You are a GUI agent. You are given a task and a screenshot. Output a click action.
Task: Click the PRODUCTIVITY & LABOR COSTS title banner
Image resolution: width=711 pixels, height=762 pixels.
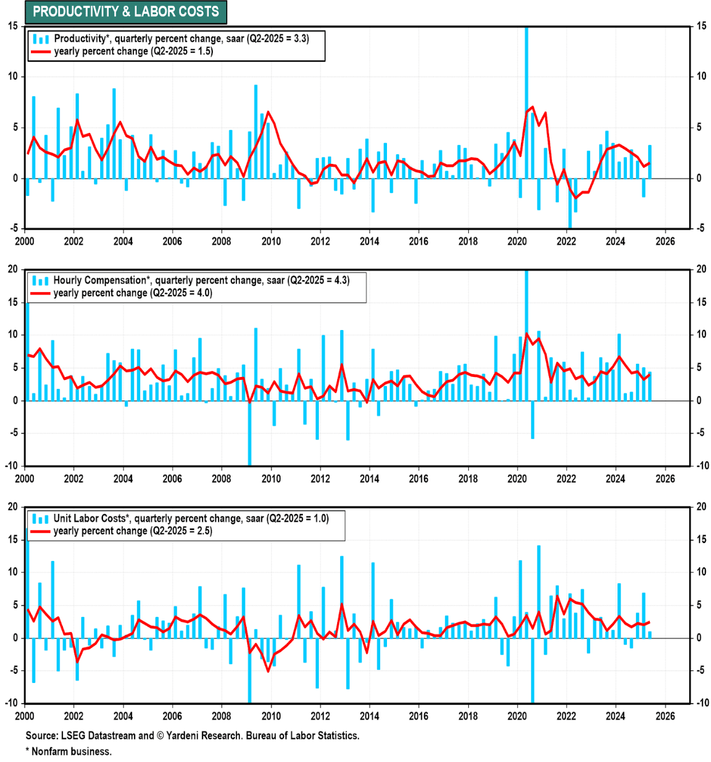pyautogui.click(x=125, y=11)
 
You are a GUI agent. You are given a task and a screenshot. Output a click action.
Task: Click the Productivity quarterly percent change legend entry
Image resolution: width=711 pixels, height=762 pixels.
pyautogui.click(x=181, y=38)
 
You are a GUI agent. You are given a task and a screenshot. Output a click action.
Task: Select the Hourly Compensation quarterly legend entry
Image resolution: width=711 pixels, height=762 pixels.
pyautogui.click(x=201, y=280)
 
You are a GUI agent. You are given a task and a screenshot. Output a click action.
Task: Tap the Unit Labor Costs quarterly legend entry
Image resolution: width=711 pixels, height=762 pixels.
pyautogui.click(x=191, y=519)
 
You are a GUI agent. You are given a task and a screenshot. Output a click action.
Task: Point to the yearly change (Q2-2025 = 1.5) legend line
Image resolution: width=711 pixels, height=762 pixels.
pyautogui.click(x=133, y=52)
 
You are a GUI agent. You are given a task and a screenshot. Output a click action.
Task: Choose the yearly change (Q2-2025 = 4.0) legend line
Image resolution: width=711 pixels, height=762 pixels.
pyautogui.click(x=132, y=293)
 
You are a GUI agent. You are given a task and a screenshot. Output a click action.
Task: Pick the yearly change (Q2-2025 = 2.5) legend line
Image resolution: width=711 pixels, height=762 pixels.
pyautogui.click(x=132, y=531)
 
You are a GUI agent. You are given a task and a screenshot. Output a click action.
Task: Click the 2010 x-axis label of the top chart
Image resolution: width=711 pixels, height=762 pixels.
pyautogui.click(x=271, y=241)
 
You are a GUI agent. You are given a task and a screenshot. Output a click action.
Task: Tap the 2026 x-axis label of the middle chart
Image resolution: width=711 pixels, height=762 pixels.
pyautogui.click(x=665, y=479)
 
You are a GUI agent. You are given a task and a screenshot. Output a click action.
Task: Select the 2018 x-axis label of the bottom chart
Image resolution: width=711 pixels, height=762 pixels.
pyautogui.click(x=468, y=716)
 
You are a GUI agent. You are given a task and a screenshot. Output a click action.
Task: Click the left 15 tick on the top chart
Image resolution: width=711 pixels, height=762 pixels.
pyautogui.click(x=13, y=26)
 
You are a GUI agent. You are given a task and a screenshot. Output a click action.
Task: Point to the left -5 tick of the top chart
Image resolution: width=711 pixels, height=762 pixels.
pyautogui.click(x=13, y=228)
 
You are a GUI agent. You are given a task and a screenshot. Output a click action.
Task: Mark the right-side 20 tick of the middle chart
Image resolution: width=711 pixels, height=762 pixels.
pyautogui.click(x=701, y=269)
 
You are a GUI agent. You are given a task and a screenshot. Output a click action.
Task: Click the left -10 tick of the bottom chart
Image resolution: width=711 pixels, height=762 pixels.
pyautogui.click(x=11, y=702)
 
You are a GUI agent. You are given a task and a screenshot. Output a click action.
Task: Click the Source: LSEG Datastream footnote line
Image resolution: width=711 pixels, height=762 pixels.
pyautogui.click(x=192, y=736)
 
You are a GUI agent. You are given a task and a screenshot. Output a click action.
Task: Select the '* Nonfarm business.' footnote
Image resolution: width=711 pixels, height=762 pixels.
pyautogui.click(x=69, y=751)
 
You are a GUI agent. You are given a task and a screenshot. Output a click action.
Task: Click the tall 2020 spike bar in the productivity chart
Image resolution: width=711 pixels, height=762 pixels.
pyautogui.click(x=526, y=86)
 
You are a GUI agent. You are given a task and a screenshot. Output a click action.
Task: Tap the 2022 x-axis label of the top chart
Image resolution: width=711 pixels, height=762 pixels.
pyautogui.click(x=566, y=241)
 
